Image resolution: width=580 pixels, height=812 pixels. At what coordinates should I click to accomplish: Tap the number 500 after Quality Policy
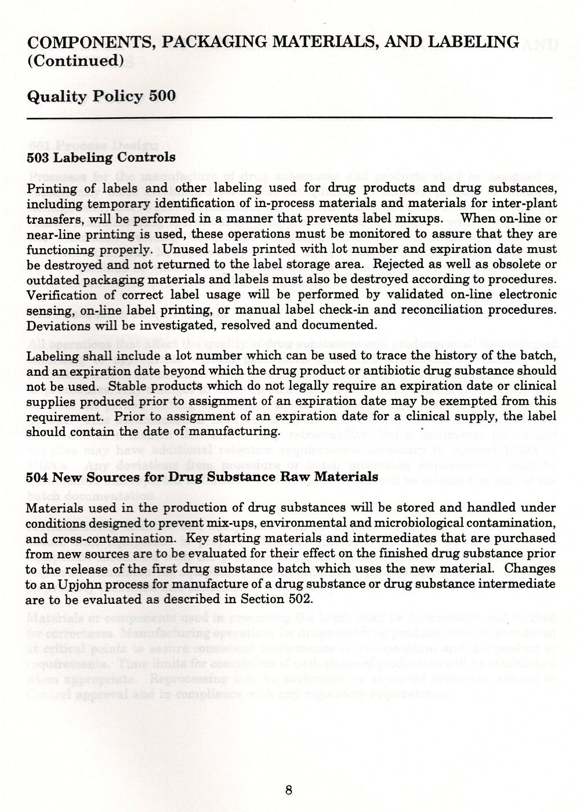click(162, 96)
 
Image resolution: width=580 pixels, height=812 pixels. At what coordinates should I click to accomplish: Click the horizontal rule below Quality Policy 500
click(290, 118)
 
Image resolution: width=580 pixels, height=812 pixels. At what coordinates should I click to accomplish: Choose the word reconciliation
click(441, 310)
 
